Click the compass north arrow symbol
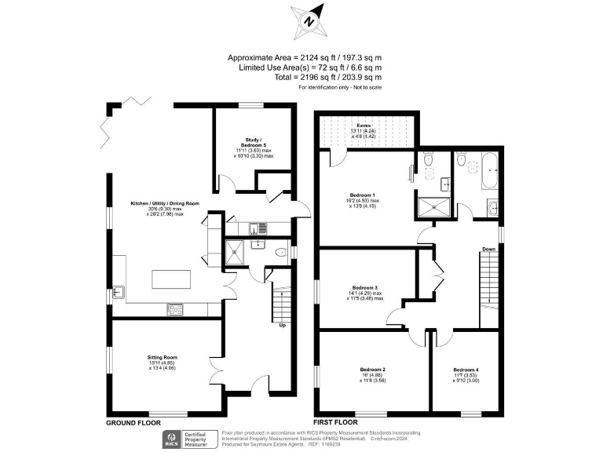(307, 22)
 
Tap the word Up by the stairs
(282, 324)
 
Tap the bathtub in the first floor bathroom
(488, 170)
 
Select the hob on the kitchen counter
(175, 309)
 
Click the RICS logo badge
(170, 439)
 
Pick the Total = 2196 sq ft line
(305, 77)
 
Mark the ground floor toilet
(280, 253)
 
